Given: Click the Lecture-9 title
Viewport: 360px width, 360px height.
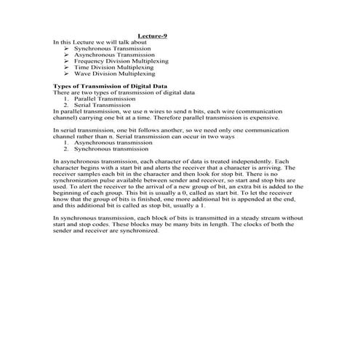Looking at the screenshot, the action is (153, 36).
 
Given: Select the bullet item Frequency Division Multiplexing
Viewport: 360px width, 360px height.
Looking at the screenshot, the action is (121, 61).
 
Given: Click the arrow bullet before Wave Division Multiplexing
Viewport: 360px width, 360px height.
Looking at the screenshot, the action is (67, 73).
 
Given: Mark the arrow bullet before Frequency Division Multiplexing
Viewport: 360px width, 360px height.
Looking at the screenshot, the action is (67, 61).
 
